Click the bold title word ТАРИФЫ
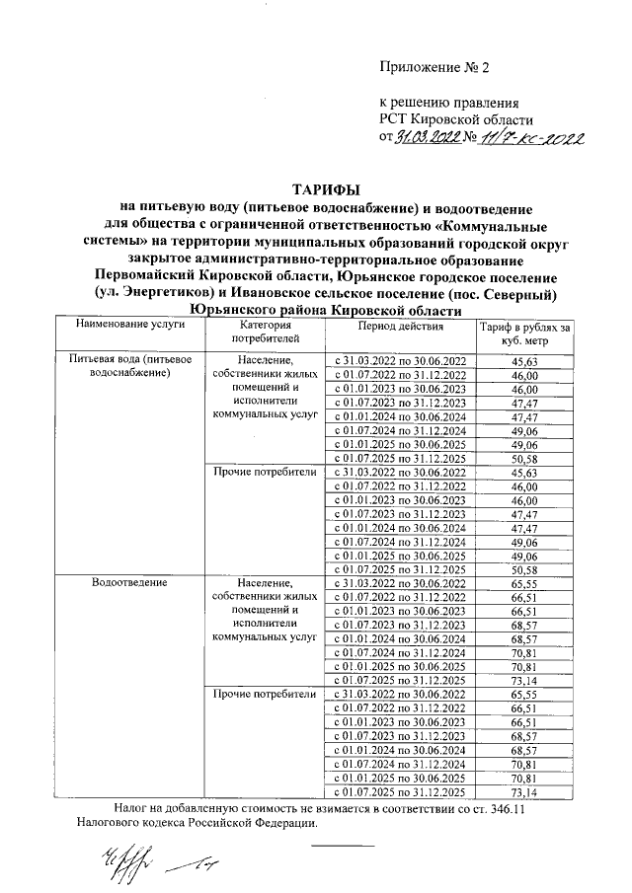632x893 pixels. (325, 189)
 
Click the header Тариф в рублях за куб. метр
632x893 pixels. (525, 334)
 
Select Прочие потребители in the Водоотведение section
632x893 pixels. (264, 694)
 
